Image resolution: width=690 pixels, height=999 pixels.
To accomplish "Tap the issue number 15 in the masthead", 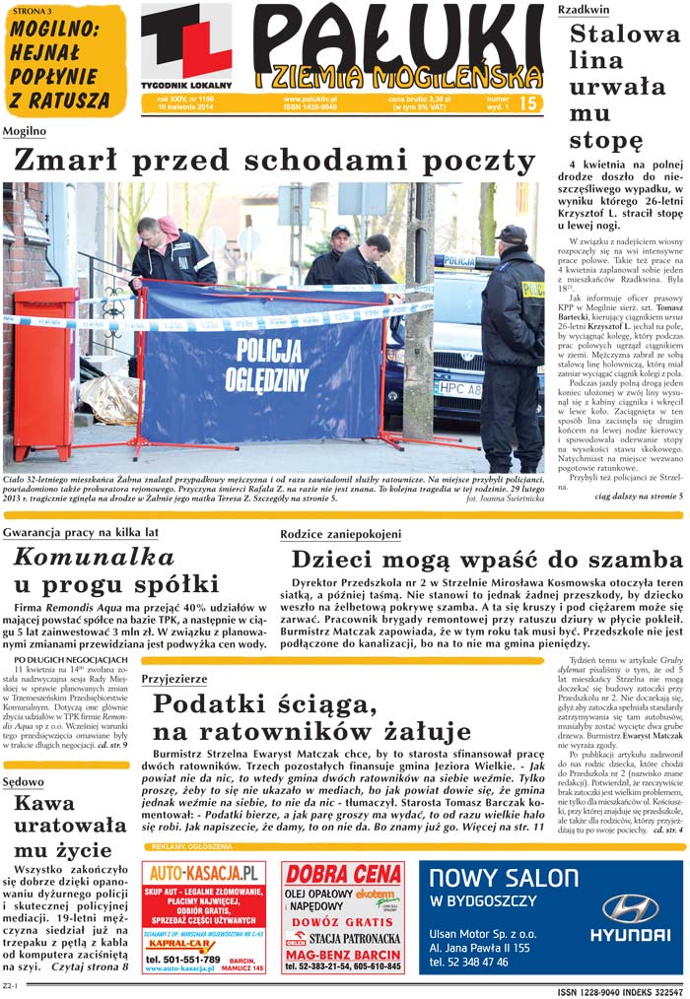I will [x=528, y=103].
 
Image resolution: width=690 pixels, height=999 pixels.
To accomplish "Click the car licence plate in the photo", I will [x=457, y=389].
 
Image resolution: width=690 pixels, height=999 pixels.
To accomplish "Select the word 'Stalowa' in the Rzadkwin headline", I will [x=625, y=34].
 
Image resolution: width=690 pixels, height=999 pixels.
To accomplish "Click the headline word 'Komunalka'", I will [x=94, y=556].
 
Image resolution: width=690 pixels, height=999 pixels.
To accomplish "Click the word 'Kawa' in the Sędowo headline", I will [x=44, y=803].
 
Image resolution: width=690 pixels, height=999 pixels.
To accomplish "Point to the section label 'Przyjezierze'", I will [x=174, y=679].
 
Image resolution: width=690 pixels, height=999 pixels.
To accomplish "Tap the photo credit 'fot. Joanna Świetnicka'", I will [x=504, y=499].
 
